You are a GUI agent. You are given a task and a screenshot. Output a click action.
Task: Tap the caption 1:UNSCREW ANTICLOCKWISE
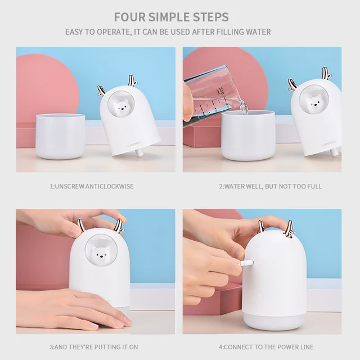click(x=92, y=186)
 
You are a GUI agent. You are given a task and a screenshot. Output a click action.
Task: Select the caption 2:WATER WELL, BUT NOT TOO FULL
click(x=270, y=186)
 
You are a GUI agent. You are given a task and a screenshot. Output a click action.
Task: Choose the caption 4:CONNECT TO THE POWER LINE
click(x=265, y=347)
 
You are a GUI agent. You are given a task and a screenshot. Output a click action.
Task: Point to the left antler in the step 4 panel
click(x=262, y=226)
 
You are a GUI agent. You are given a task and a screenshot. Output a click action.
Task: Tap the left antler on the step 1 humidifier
click(x=101, y=90)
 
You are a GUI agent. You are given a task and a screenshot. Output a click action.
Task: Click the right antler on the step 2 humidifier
click(x=326, y=73)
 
